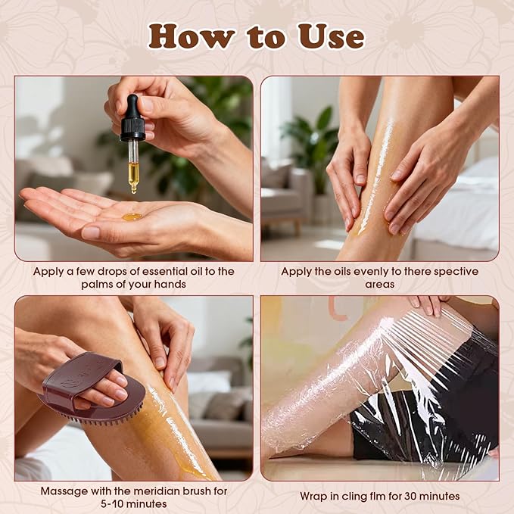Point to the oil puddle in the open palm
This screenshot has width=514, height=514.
point(132,217)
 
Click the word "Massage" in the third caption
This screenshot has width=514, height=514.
point(65,491)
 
